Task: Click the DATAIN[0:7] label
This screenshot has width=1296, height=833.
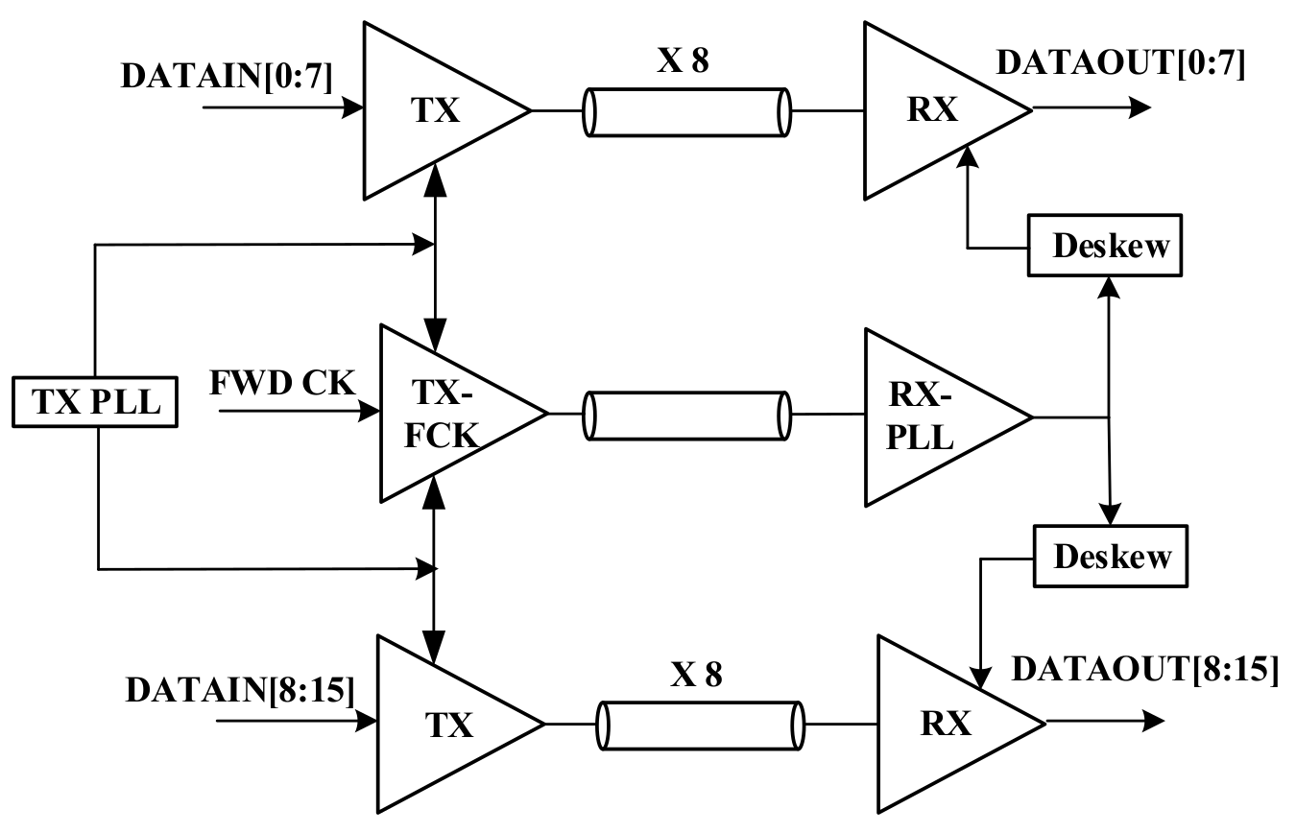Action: click(227, 77)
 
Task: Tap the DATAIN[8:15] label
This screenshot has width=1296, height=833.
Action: click(239, 689)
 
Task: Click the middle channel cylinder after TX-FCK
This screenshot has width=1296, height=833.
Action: click(687, 415)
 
